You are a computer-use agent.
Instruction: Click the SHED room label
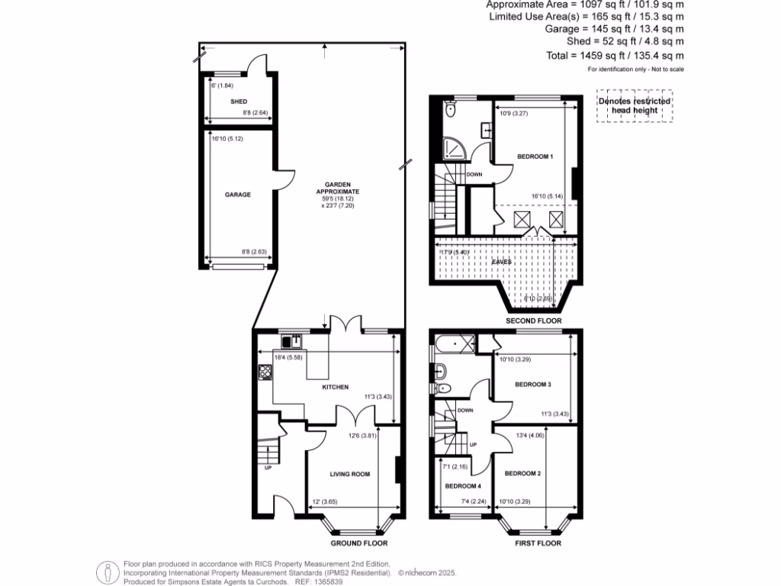pyautogui.click(x=239, y=101)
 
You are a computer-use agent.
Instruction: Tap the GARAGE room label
pyautogui.click(x=237, y=195)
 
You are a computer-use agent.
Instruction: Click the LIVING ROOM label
pyautogui.click(x=349, y=474)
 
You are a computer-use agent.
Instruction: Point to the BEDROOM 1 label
pyautogui.click(x=535, y=156)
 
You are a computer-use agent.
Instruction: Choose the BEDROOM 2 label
pyautogui.click(x=522, y=474)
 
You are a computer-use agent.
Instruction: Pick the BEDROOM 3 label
pyautogui.click(x=532, y=385)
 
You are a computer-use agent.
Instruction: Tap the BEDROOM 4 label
pyautogui.click(x=463, y=486)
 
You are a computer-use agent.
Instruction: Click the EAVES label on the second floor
pyautogui.click(x=501, y=262)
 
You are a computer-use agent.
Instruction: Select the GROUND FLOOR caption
pyautogui.click(x=358, y=544)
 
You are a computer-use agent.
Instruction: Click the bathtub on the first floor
pyautogui.click(x=455, y=343)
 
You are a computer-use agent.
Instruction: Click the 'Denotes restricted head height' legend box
pyautogui.click(x=634, y=105)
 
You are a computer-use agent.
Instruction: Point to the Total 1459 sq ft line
pyautogui.click(x=625, y=55)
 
